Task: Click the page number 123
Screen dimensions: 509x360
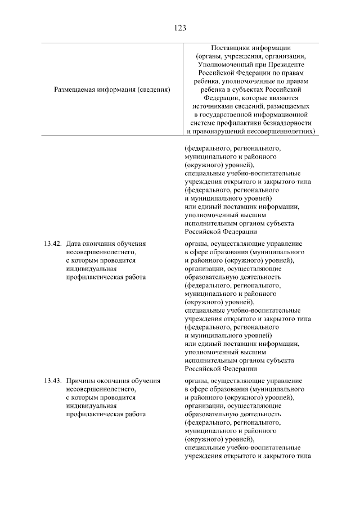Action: pos(180,27)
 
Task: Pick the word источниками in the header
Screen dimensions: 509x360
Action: pos(212,106)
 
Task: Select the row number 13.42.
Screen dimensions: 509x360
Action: pos(52,244)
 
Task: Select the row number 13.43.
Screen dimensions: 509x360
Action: pos(52,381)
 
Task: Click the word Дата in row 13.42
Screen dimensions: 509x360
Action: pos(74,244)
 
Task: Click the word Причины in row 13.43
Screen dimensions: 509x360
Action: pos(80,381)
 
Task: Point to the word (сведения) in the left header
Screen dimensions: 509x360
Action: pos(155,89)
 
